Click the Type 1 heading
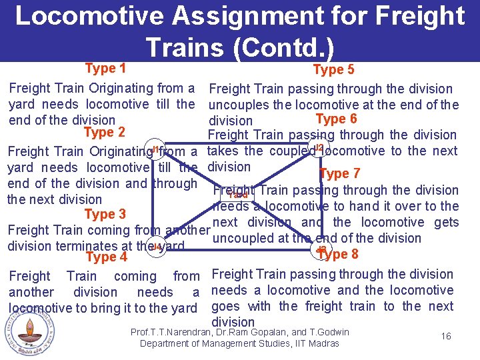point(105,68)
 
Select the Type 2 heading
point(105,132)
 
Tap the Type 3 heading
point(105,214)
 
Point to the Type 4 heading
point(106,257)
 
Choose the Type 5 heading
point(333,70)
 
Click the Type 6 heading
point(336,119)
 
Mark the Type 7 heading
point(340,174)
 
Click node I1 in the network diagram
point(154,149)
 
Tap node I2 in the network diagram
point(319,147)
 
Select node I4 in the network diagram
point(155,247)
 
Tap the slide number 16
point(446,336)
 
